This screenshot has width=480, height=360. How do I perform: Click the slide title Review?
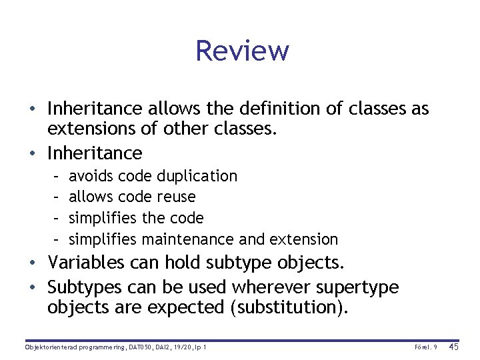point(242,51)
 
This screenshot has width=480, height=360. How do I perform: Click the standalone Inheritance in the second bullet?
point(95,153)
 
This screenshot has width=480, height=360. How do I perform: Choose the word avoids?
point(91,176)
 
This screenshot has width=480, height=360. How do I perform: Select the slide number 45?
point(454,347)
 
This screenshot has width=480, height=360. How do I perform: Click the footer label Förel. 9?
point(425,347)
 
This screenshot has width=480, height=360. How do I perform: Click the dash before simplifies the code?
point(57,218)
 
